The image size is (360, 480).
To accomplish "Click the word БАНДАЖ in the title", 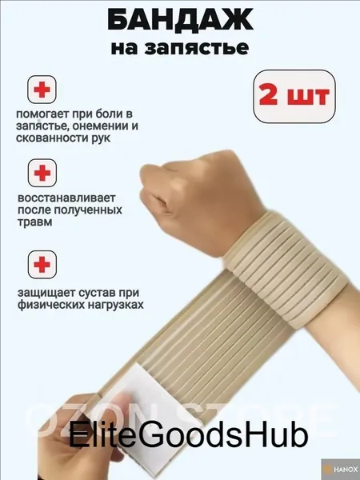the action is point(180,19).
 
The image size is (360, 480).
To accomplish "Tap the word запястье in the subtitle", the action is point(196,48).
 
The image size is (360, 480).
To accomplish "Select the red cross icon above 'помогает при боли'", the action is point(42,90).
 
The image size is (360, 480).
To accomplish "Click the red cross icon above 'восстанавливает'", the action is point(42,173).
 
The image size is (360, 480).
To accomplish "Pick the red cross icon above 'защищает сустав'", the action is point(42,264).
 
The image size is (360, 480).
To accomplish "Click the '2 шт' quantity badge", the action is point(294,97).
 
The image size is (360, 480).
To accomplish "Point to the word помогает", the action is point(42,114).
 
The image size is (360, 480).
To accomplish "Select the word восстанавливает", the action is point(66,198).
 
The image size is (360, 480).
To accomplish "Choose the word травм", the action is point(34,222).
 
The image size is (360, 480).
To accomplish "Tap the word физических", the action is point(51,305).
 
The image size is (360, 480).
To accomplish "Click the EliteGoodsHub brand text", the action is point(188,434).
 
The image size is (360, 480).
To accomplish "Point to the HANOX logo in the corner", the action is point(341,470).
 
